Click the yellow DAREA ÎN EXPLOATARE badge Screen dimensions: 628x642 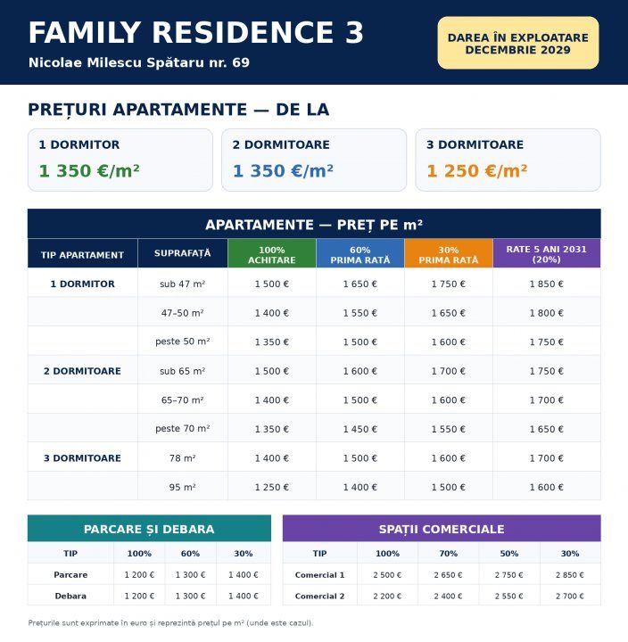(517, 43)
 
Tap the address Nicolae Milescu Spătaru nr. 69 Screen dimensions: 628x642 (139, 62)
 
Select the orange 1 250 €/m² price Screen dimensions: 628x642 (477, 170)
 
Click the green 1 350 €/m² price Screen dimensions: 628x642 (89, 170)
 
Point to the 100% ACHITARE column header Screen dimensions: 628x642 (271, 255)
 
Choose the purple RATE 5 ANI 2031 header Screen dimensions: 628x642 (547, 254)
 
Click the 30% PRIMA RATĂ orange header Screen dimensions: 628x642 (448, 255)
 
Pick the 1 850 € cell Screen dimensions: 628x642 (547, 284)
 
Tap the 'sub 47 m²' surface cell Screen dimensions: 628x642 (182, 284)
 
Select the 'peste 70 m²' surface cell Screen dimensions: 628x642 (182, 429)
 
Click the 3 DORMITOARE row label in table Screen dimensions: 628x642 (82, 458)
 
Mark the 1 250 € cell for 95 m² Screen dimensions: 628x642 (271, 487)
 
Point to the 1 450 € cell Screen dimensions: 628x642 (360, 429)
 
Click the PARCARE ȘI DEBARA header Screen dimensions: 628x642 (149, 529)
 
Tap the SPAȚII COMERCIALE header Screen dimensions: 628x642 (442, 529)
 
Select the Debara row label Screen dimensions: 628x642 (70, 596)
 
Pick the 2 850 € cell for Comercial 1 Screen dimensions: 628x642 (570, 575)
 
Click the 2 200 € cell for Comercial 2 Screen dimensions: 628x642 (387, 597)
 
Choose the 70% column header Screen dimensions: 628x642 (448, 554)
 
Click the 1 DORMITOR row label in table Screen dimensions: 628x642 (82, 284)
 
